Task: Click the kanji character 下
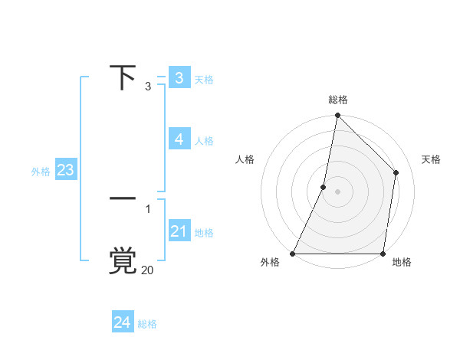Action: pyautogui.click(x=123, y=77)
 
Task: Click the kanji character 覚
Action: pyautogui.click(x=123, y=260)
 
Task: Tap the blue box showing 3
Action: pyautogui.click(x=179, y=77)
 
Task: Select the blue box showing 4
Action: pyautogui.click(x=179, y=139)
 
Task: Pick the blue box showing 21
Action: pyautogui.click(x=179, y=231)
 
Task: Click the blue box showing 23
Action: pyautogui.click(x=65, y=169)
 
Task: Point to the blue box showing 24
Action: pyautogui.click(x=122, y=322)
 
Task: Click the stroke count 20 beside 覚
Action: pyautogui.click(x=148, y=270)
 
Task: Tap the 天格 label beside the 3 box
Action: pyautogui.click(x=204, y=79)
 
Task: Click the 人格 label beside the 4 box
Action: pyautogui.click(x=204, y=140)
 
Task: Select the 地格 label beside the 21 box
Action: pyautogui.click(x=204, y=232)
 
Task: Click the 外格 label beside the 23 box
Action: pyautogui.click(x=41, y=172)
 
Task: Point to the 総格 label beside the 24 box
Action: pyautogui.click(x=147, y=324)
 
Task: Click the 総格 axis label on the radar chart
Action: pyautogui.click(x=338, y=100)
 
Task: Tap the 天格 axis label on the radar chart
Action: pyautogui.click(x=432, y=159)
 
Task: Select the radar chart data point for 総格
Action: pyautogui.click(x=337, y=116)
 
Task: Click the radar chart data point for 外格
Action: pyautogui.click(x=293, y=254)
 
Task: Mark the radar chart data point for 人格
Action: pyautogui.click(x=324, y=186)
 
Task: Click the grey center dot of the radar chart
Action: pyautogui.click(x=337, y=191)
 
